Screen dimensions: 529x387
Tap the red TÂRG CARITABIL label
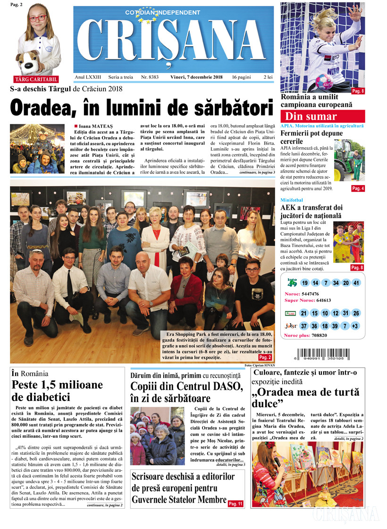tap(37, 79)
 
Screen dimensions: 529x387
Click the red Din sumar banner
tap(323, 116)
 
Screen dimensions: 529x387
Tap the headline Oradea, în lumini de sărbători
tap(142, 107)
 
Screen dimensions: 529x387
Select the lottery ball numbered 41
tap(356, 283)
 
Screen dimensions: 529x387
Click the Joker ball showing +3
tap(356, 326)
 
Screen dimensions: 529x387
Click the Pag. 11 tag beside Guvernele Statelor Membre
tap(236, 504)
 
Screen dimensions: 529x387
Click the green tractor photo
tap(349, 161)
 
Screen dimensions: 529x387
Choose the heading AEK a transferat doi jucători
tap(311, 212)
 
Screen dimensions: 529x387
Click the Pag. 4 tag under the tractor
tap(358, 188)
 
